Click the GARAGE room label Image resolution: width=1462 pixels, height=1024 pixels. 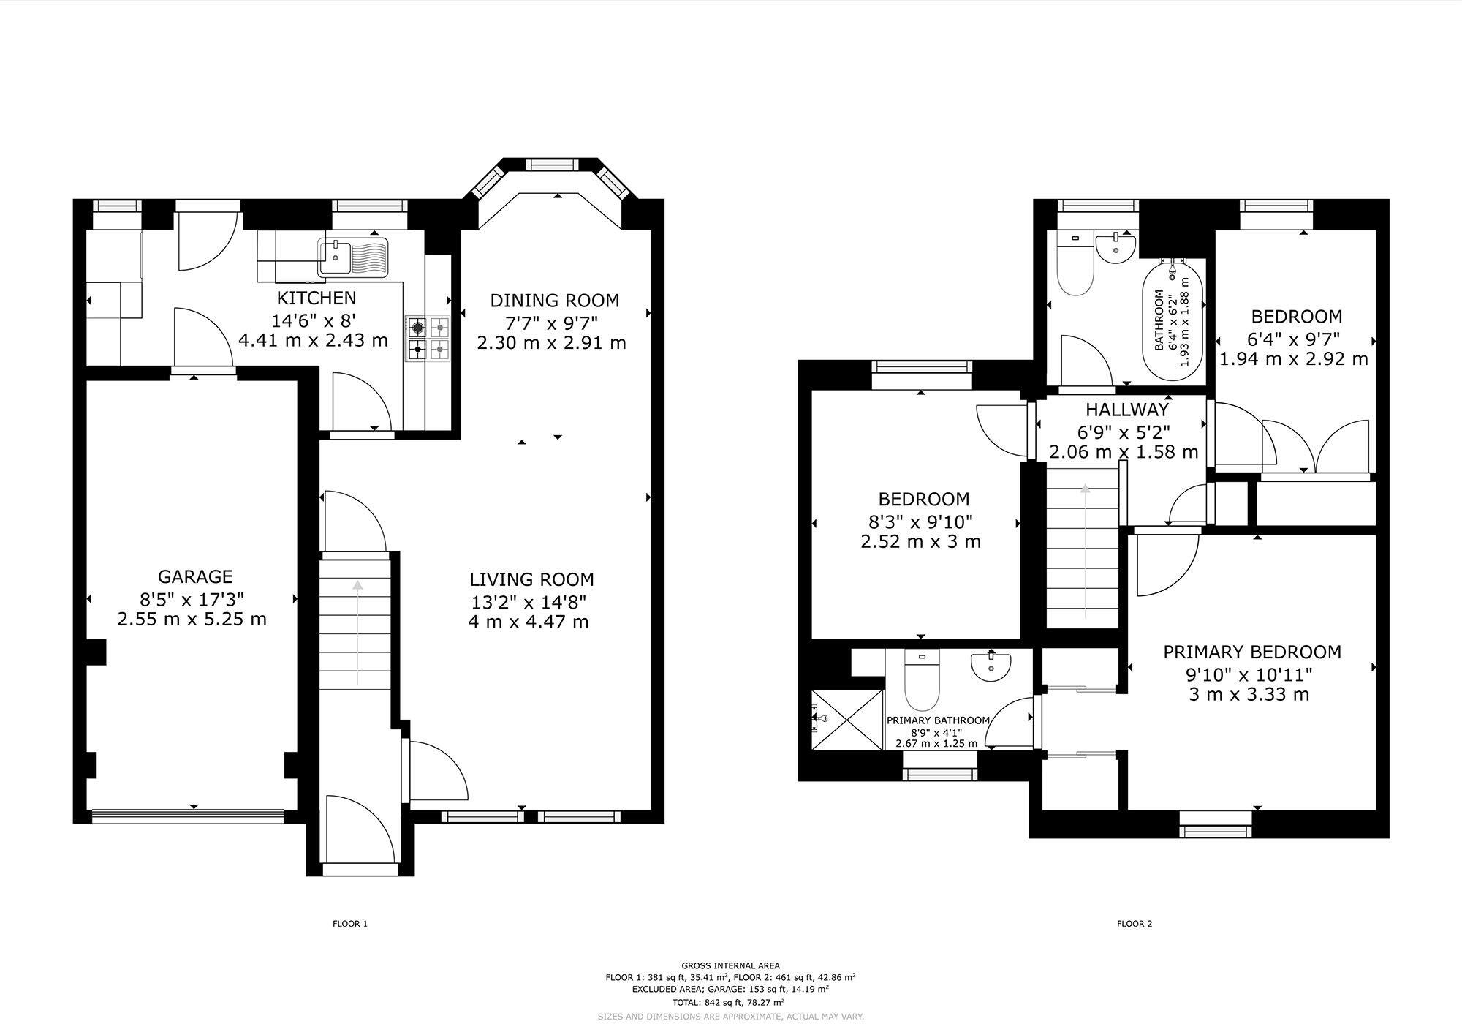195,576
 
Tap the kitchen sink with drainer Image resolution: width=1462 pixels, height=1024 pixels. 354,256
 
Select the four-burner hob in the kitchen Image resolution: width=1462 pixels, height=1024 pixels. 428,338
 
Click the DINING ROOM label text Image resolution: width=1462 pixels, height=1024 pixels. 554,301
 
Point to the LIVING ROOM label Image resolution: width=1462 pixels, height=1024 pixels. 531,580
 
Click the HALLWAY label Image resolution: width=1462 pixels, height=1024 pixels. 1126,410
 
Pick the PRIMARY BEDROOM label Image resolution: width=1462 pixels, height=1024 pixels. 1252,652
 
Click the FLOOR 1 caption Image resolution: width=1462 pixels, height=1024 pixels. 350,924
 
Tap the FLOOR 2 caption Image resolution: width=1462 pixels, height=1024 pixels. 1134,924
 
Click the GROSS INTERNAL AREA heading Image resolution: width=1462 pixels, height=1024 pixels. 730,965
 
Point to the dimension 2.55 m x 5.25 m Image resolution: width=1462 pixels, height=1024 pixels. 192,620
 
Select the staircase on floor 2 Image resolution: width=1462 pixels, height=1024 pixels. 1084,556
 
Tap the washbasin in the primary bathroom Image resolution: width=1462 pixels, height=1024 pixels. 991,666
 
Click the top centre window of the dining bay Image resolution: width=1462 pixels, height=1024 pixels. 552,165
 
